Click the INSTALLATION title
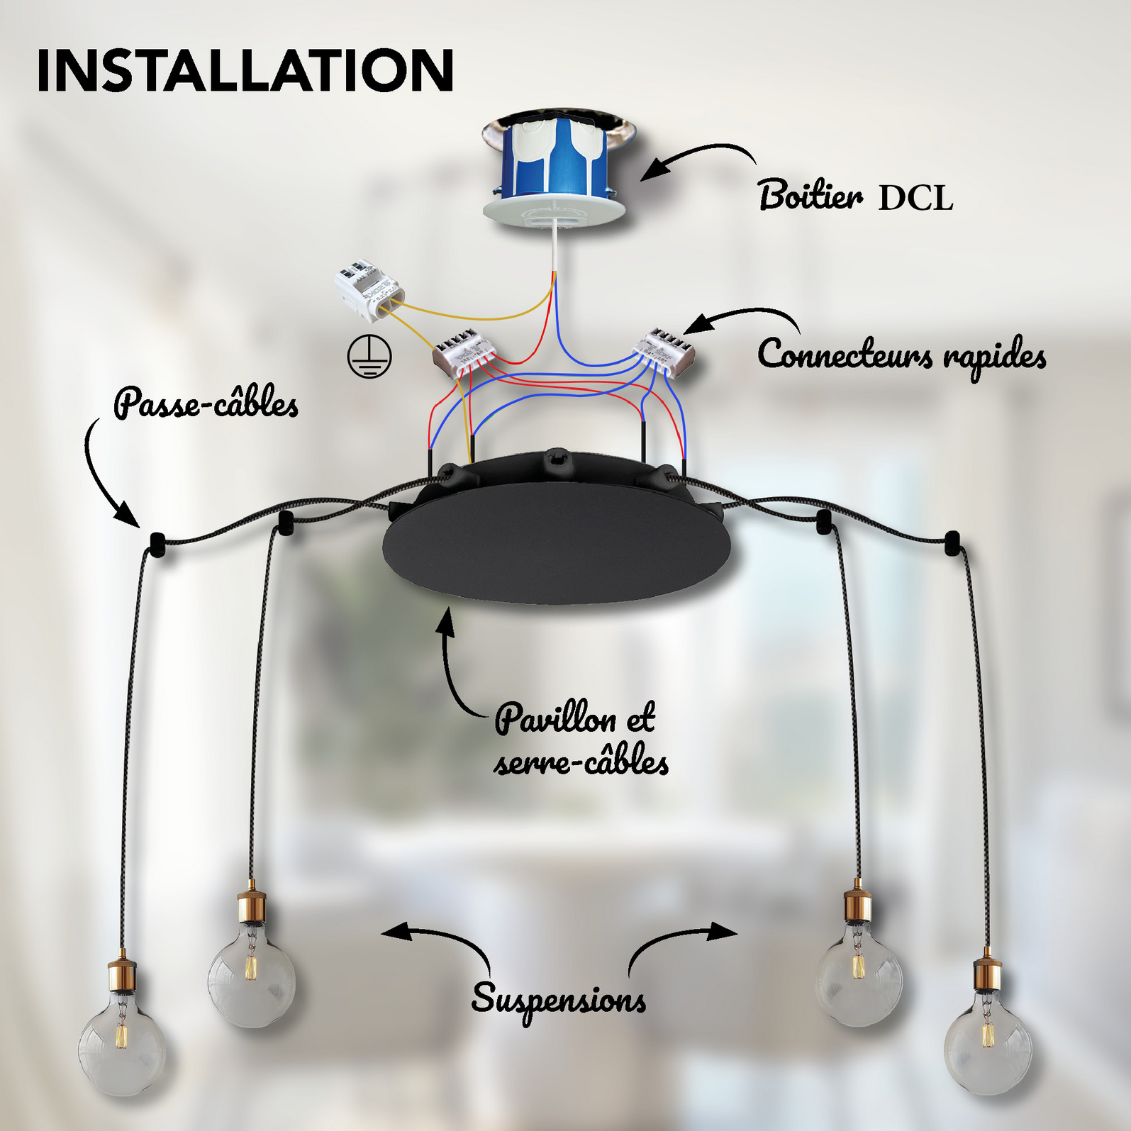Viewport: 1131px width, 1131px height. coord(245,70)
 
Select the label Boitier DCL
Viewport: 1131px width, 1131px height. coord(855,195)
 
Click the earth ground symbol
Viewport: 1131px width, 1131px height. coord(369,356)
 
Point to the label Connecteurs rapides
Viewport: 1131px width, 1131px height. coord(901,355)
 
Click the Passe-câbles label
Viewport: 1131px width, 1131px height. coord(206,403)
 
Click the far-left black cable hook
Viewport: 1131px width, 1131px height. coord(156,545)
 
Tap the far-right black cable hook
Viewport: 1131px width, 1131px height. coord(952,542)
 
